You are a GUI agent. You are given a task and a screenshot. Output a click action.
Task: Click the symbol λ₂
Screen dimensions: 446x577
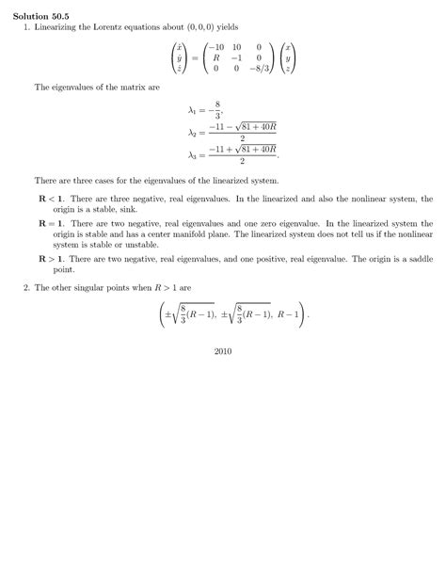tap(192, 133)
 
